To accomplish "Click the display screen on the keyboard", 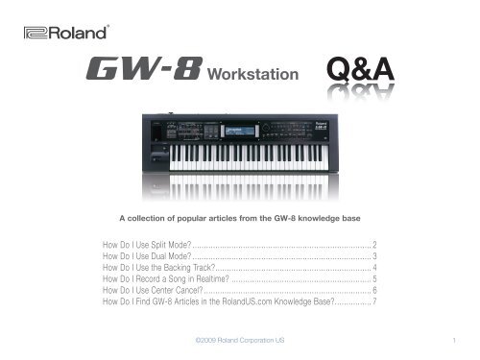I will click(238, 132).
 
